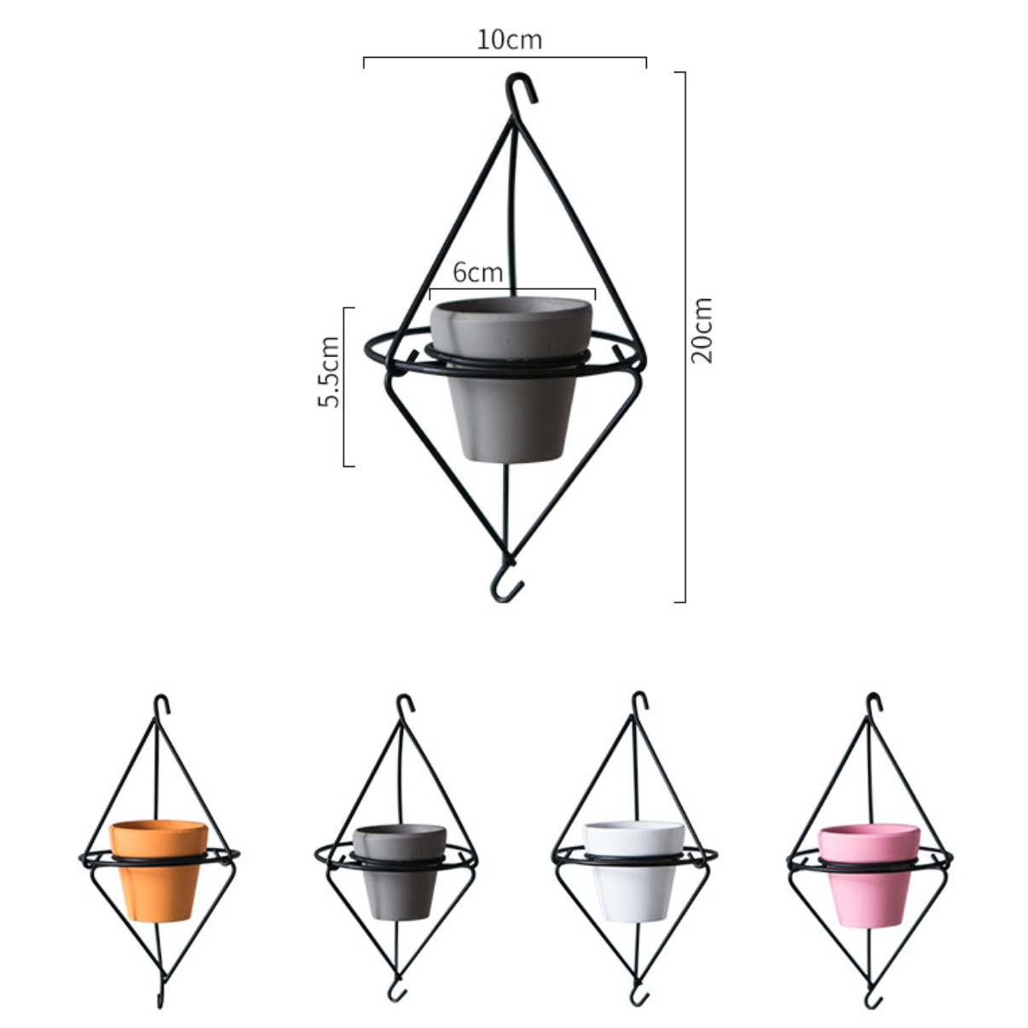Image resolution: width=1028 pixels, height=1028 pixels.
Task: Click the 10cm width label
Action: pyautogui.click(x=509, y=40)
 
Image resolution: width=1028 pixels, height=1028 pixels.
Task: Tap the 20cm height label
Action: pyautogui.click(x=702, y=331)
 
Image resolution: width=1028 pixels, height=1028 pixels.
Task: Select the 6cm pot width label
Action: pyautogui.click(x=478, y=273)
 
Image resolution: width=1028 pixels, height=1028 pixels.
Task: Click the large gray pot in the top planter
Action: pyautogui.click(x=511, y=378)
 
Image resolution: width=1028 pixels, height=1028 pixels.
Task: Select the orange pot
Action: pyautogui.click(x=159, y=870)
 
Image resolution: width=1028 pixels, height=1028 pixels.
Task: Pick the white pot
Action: pyautogui.click(x=633, y=872)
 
